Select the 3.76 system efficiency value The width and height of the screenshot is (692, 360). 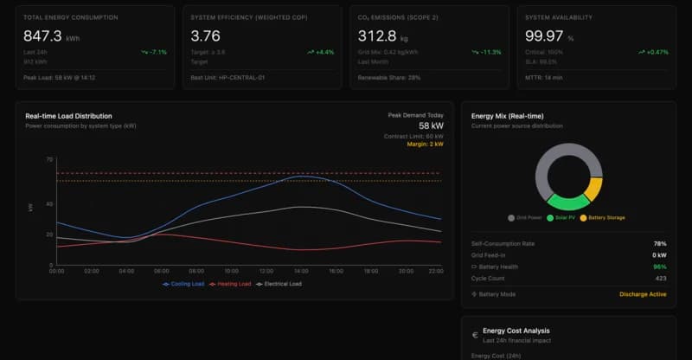click(205, 35)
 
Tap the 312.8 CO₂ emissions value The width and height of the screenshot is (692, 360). click(377, 35)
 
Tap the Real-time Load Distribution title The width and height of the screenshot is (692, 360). click(68, 115)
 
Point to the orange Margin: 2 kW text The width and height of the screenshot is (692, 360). click(425, 145)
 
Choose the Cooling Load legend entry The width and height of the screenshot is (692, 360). click(183, 284)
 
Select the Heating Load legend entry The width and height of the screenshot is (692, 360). click(232, 284)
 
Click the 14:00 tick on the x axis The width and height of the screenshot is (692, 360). click(301, 271)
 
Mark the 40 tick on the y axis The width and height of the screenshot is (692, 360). click(50, 204)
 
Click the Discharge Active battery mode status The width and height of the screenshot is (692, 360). click(643, 294)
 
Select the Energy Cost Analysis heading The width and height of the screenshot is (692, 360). click(516, 331)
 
